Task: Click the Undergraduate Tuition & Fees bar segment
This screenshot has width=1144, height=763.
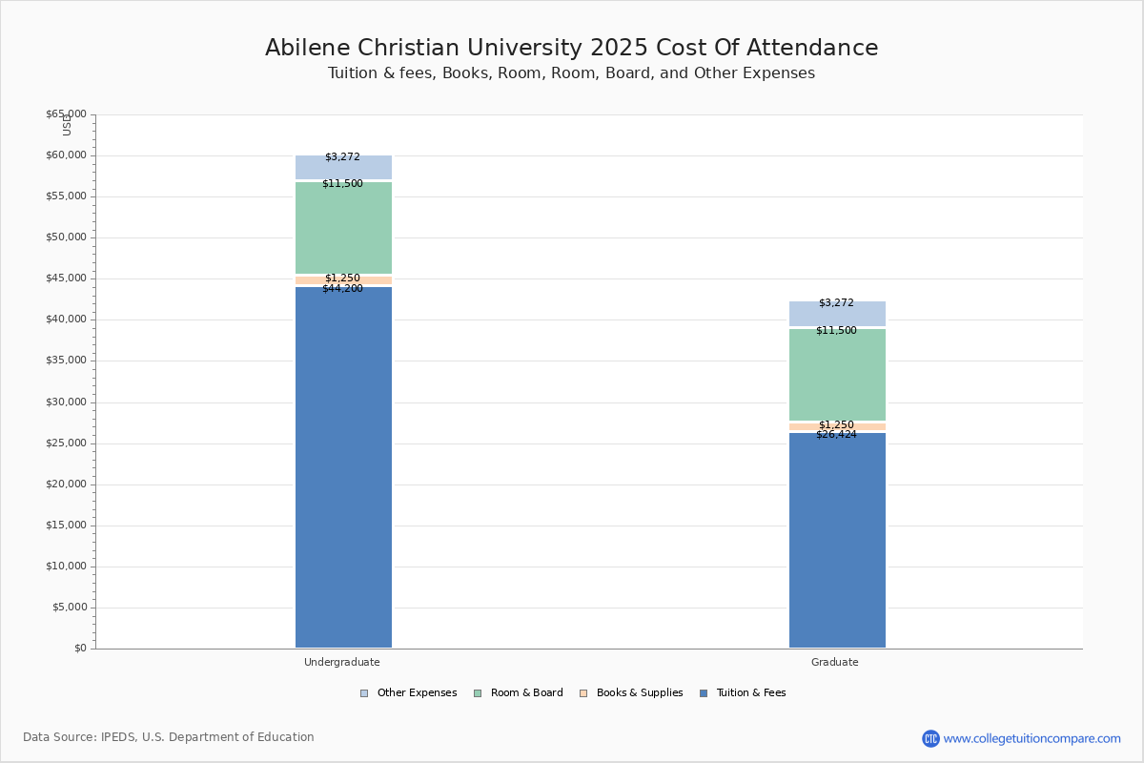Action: point(343,467)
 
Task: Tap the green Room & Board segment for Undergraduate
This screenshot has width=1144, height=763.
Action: point(343,229)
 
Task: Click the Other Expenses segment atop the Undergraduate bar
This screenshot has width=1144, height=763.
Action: point(343,169)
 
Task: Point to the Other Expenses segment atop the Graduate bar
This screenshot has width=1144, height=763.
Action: point(837,315)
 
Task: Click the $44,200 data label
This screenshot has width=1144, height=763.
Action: point(342,289)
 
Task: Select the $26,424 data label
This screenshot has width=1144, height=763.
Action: point(836,435)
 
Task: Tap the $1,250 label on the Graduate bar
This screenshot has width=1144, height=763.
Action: point(836,424)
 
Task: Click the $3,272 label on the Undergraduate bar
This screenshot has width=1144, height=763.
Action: point(342,156)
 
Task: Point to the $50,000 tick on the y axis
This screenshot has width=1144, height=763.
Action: point(66,237)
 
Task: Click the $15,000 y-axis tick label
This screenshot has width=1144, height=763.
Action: point(66,526)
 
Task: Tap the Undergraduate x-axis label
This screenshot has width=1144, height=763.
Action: point(342,662)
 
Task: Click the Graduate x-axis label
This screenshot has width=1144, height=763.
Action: point(835,662)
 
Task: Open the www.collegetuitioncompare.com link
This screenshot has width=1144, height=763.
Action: point(1032,738)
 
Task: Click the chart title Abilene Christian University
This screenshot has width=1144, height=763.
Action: point(571,49)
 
